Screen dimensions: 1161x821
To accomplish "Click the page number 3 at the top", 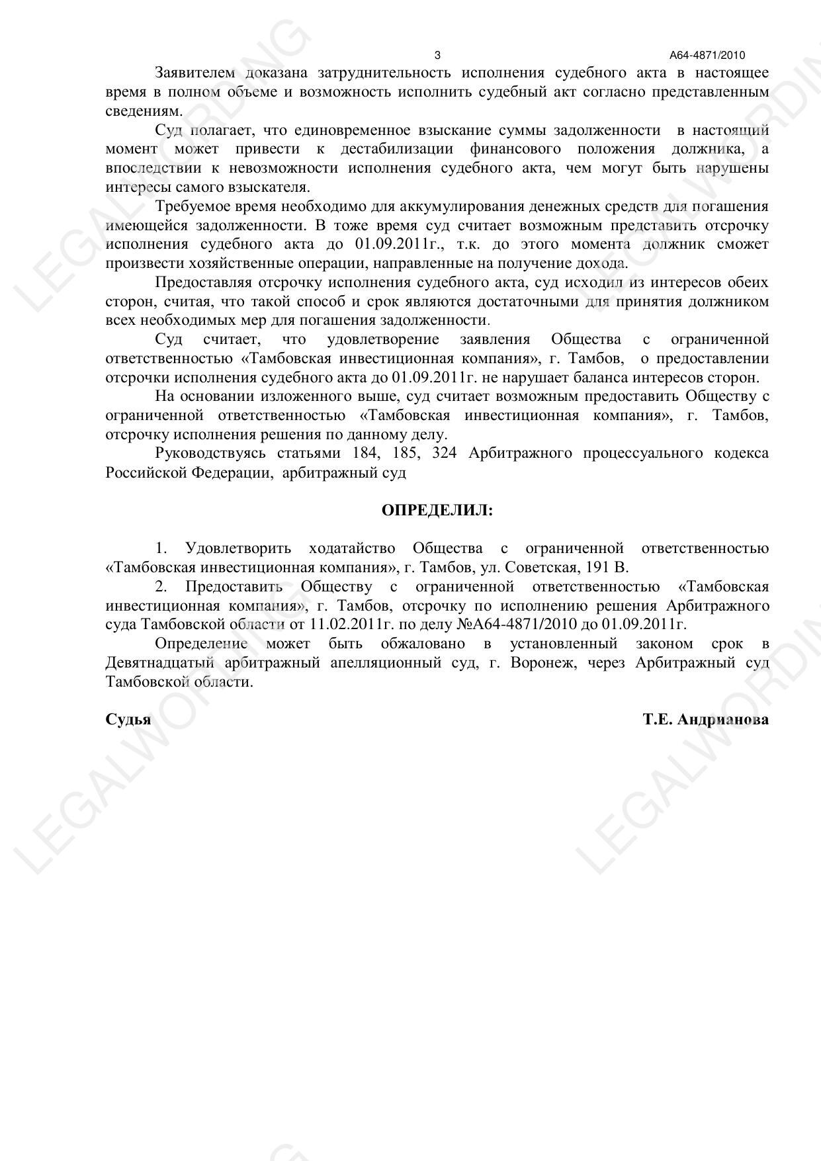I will pos(437,55).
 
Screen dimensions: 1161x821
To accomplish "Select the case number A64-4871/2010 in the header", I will pos(707,56).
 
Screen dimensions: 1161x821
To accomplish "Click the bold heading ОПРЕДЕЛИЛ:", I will pos(437,511).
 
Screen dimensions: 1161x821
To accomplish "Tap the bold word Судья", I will pos(128,720).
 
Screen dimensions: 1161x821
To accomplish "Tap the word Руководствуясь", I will pos(210,454).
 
